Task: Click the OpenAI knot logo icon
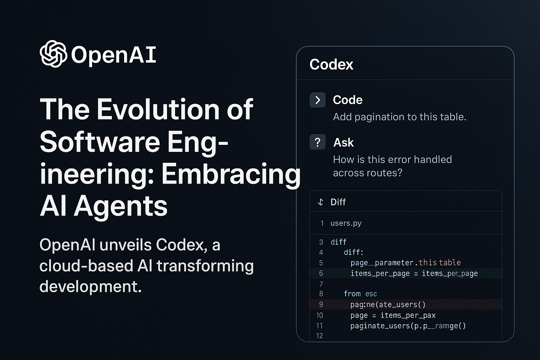(53, 54)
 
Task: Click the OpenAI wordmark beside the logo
(114, 55)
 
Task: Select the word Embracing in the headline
(231, 174)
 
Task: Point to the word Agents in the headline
(121, 206)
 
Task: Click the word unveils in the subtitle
(126, 245)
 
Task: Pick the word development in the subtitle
(90, 287)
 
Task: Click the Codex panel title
(331, 64)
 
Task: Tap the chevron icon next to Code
(317, 100)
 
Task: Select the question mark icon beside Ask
(317, 142)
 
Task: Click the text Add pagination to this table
(399, 117)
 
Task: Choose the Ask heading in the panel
(343, 142)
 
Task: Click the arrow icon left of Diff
(320, 202)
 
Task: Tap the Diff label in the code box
(338, 202)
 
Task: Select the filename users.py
(346, 223)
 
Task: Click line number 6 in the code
(321, 273)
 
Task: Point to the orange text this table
(439, 263)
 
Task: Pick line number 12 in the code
(319, 336)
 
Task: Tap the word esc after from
(371, 294)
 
